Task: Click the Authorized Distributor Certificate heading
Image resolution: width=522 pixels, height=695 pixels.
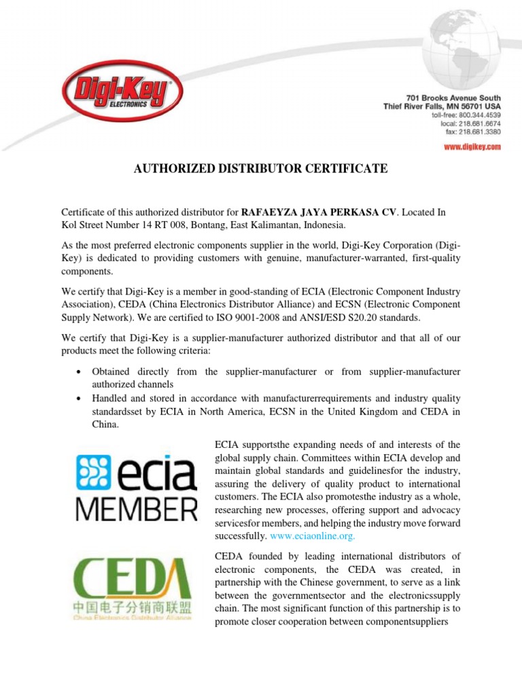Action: click(x=260, y=168)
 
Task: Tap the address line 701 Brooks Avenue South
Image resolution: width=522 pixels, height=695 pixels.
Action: click(x=453, y=98)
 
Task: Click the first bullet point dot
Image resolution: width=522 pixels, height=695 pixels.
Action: click(x=81, y=372)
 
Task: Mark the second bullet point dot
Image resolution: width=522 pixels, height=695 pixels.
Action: click(x=81, y=398)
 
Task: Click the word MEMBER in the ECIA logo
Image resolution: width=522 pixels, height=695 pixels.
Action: click(x=135, y=506)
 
